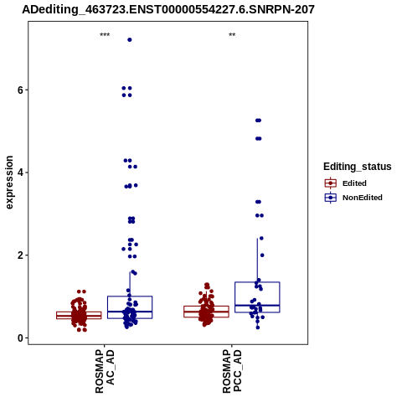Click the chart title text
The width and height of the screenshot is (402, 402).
(x=168, y=10)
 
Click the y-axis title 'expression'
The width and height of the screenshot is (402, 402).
(x=9, y=183)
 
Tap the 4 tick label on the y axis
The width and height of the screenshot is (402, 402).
(x=20, y=173)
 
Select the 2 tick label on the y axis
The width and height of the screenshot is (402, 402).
(x=20, y=255)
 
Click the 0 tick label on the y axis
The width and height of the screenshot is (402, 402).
(x=20, y=338)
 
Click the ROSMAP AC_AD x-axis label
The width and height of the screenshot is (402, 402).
(x=105, y=371)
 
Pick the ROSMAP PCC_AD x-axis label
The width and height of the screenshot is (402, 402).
(x=232, y=371)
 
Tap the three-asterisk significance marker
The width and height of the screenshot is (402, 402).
(x=105, y=35)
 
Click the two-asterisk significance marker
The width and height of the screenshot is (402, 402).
(x=232, y=35)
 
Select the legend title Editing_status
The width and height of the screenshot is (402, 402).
(x=358, y=167)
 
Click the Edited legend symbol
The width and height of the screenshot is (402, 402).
(x=331, y=183)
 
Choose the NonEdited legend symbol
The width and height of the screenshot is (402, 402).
(x=331, y=198)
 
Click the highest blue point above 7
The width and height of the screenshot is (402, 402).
(x=130, y=40)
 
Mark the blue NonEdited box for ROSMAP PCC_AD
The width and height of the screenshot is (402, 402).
(x=257, y=297)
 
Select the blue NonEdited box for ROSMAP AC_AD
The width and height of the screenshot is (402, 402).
(x=130, y=307)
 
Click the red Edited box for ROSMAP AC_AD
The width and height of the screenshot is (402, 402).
(x=79, y=315)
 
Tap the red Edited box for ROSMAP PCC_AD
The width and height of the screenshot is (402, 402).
(x=206, y=312)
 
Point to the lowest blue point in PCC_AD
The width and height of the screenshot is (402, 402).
(x=258, y=327)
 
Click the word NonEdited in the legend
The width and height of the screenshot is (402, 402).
(x=363, y=198)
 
